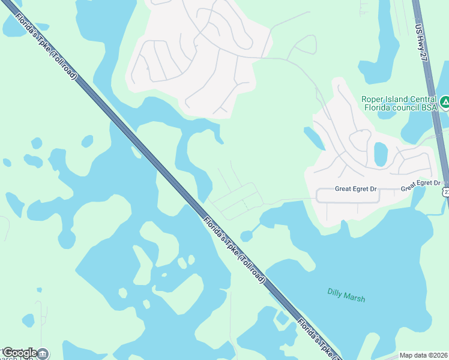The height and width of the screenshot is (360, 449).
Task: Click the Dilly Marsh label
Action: coord(346,295)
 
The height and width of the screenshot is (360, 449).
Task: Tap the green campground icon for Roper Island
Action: coord(445,103)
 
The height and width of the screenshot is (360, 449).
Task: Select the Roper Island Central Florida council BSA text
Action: coord(399,104)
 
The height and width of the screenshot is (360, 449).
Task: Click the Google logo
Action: coord(19,353)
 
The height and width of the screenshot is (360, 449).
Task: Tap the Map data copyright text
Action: coord(424,355)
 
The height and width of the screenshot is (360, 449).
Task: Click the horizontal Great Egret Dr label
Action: coord(356,188)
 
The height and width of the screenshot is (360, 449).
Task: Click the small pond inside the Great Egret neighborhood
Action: coord(381,154)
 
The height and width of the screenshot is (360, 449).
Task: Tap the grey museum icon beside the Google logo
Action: coord(43,353)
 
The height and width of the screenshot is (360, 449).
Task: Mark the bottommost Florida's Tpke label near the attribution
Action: coord(318,339)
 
